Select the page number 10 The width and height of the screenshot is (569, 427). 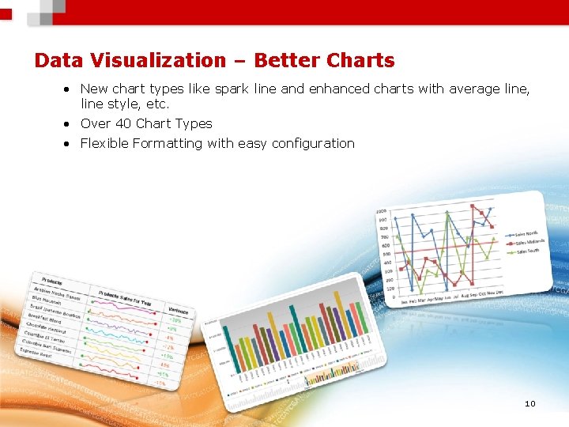529,404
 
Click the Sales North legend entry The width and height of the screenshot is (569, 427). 527,234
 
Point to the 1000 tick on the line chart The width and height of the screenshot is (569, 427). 382,212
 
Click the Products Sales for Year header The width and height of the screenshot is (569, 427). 125,297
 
